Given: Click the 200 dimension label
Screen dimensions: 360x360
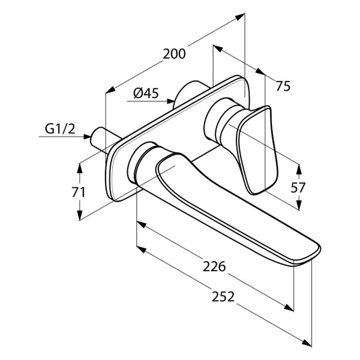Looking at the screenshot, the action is [x=174, y=54].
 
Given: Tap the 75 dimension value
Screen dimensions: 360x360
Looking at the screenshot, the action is [x=283, y=86].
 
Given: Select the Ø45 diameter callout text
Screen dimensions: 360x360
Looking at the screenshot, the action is [x=146, y=93].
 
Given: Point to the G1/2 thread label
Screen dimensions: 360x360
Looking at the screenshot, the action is [x=60, y=129].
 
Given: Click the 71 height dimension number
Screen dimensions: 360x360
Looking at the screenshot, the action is [x=79, y=192].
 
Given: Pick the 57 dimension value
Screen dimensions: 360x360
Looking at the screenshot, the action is [x=298, y=188].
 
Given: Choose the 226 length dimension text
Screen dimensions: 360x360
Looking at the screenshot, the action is [x=214, y=266].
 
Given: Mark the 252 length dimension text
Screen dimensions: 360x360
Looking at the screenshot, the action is [x=223, y=296].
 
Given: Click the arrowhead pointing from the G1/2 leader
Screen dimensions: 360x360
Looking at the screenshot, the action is [x=87, y=137].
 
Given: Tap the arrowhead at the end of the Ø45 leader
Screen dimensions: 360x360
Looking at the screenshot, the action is [x=170, y=101].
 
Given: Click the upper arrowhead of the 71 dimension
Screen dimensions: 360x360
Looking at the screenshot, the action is [x=79, y=169].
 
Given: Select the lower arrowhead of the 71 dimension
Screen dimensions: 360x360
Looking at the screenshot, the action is [x=79, y=215].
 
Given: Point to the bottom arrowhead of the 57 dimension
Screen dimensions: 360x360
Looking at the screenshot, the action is [x=299, y=205].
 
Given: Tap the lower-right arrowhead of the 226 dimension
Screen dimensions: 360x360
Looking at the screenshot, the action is [x=289, y=307].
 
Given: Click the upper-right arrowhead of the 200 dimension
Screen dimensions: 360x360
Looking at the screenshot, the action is [x=240, y=17].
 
